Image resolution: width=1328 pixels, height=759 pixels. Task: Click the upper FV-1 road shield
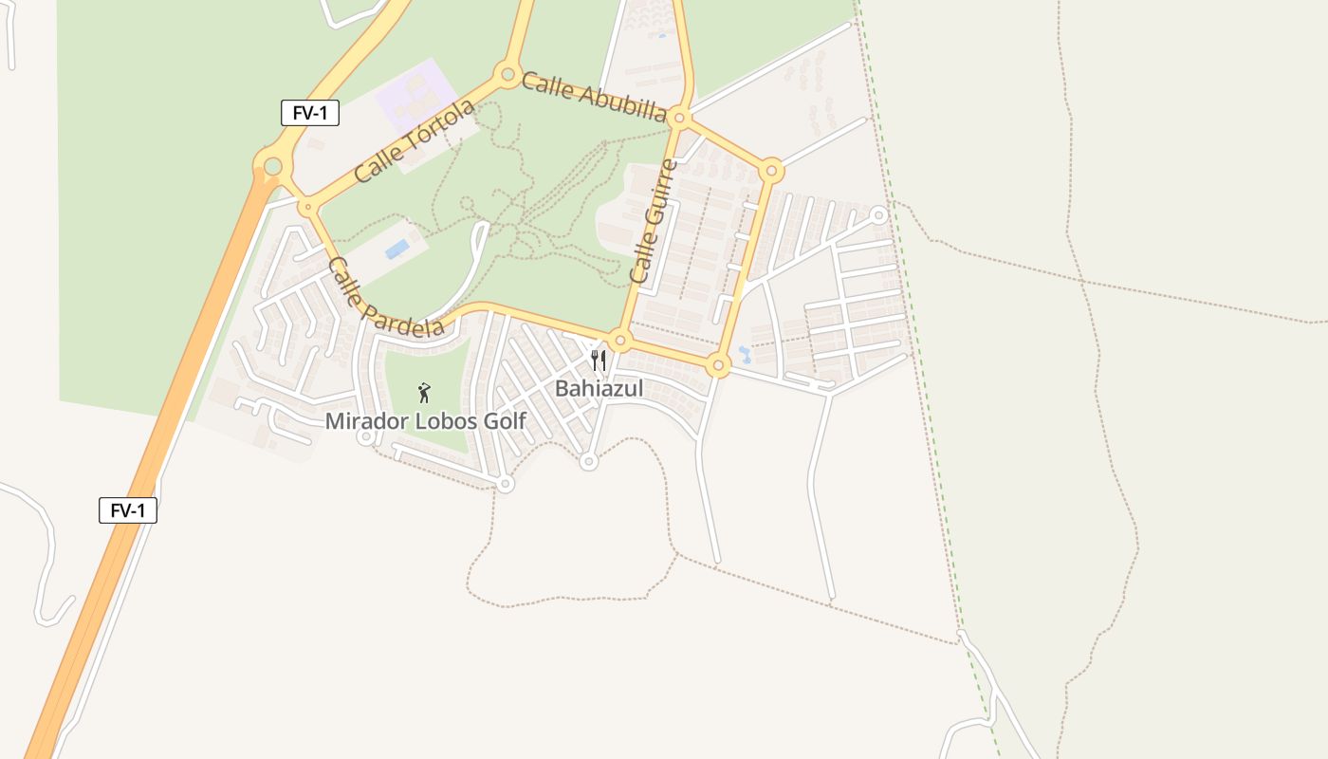click(x=310, y=113)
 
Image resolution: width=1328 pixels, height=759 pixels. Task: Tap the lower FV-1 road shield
click(x=128, y=510)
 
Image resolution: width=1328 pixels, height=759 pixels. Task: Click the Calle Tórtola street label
click(x=414, y=141)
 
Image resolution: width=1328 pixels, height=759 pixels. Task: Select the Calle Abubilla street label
click(x=594, y=97)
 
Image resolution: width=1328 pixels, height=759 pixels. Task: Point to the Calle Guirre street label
click(x=655, y=221)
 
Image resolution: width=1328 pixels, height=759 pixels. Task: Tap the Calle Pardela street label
click(x=385, y=297)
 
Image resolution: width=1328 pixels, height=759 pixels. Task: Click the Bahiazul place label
click(x=599, y=388)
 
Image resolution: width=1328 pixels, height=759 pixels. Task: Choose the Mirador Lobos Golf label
click(x=425, y=420)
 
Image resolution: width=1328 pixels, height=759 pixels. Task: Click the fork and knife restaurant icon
click(x=598, y=361)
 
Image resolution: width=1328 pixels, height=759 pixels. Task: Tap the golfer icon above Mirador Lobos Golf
click(x=424, y=393)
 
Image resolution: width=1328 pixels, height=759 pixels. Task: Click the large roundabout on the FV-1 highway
click(x=272, y=167)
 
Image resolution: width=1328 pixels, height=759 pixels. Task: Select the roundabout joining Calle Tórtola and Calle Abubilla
click(x=507, y=74)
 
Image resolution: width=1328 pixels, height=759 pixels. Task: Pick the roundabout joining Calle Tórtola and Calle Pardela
click(x=306, y=206)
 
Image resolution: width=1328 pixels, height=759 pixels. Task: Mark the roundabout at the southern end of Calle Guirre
click(x=620, y=340)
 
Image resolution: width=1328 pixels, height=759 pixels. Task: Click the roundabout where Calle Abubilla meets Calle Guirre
click(x=679, y=119)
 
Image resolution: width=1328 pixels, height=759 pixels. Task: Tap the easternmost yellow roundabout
click(x=771, y=172)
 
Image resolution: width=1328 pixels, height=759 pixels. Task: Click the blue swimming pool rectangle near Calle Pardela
click(x=397, y=250)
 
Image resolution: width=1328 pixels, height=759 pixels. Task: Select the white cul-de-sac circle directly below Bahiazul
click(x=588, y=462)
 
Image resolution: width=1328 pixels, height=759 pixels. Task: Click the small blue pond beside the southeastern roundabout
click(x=745, y=355)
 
